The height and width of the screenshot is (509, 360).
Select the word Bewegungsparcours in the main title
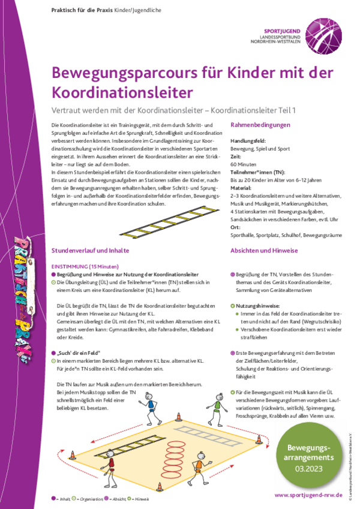point(114,74)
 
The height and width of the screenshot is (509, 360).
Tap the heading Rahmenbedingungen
point(260,125)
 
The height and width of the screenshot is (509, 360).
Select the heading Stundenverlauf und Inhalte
point(91,251)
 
